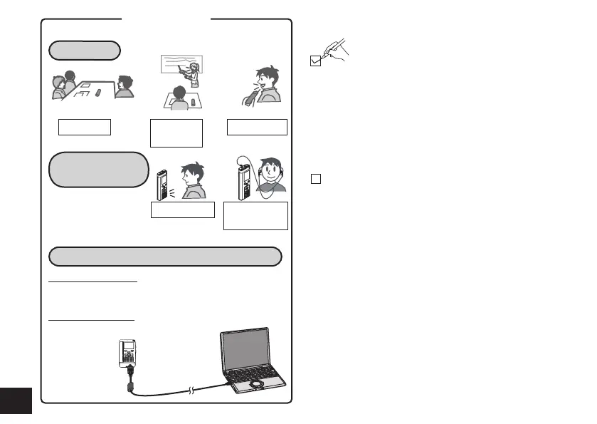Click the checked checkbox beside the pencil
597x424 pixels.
click(317, 63)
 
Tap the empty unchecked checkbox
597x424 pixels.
click(316, 178)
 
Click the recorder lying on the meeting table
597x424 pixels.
click(99, 93)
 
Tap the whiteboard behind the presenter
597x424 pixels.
click(178, 66)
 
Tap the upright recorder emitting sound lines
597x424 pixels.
click(161, 183)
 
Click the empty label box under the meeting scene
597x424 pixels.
click(85, 127)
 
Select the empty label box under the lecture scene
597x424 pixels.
click(176, 133)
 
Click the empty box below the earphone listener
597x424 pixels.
click(255, 215)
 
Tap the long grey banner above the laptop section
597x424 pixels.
click(165, 257)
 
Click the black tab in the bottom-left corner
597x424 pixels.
click(16, 400)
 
